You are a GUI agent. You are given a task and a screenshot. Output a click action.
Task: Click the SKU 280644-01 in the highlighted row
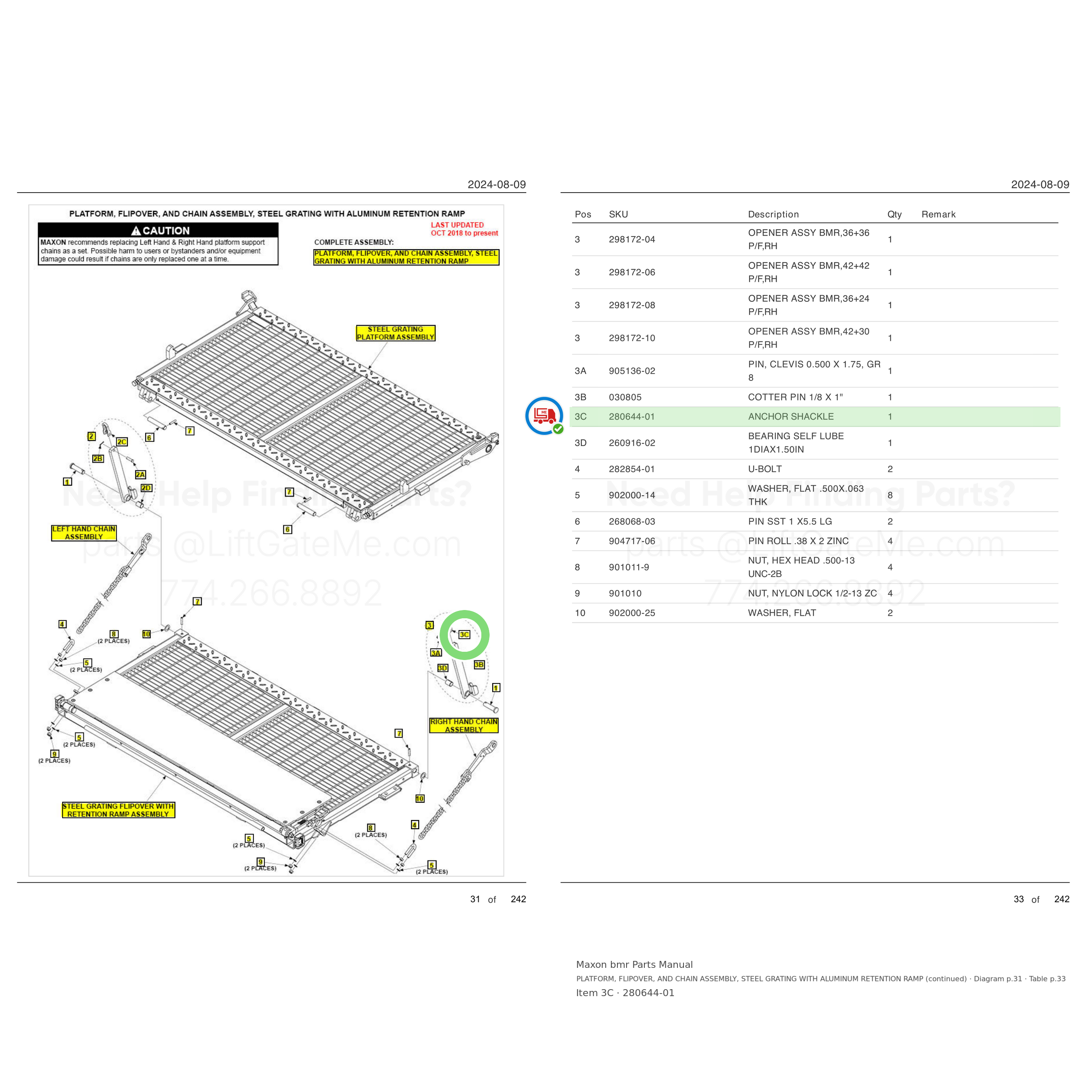[x=632, y=417]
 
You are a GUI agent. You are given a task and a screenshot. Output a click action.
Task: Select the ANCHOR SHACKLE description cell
[x=790, y=417]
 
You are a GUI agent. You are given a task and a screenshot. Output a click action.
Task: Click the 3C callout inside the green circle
[x=464, y=635]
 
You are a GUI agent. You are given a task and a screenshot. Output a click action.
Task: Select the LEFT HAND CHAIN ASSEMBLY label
[x=84, y=533]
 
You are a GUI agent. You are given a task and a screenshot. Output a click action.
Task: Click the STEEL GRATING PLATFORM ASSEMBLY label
[x=396, y=333]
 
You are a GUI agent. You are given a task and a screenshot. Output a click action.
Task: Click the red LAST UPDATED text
[x=464, y=229]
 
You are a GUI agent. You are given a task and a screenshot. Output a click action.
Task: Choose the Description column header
[x=773, y=214]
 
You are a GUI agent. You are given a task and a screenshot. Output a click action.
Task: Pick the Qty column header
[x=894, y=214]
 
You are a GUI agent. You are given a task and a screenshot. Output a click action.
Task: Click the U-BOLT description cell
[x=765, y=469]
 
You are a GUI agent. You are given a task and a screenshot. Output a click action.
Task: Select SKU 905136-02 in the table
[x=632, y=371]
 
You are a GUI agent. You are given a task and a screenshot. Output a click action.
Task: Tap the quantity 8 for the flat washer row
[x=890, y=496]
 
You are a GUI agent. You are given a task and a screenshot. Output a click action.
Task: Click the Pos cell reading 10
[x=580, y=613]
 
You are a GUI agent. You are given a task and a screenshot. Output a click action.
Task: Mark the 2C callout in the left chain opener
[x=122, y=442]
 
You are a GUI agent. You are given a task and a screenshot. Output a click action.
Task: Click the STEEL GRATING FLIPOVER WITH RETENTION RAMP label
[x=118, y=810]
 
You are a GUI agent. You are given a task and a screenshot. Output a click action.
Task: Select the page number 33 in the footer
[x=1018, y=899]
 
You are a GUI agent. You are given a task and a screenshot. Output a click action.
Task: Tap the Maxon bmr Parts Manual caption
[x=634, y=964]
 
